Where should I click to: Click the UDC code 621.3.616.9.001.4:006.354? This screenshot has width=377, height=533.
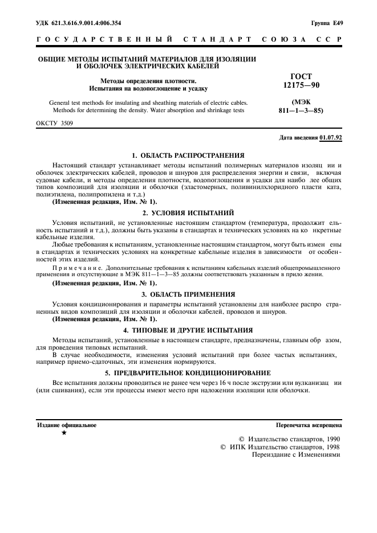(x=79, y=23)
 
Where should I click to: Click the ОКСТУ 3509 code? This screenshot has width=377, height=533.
(x=55, y=122)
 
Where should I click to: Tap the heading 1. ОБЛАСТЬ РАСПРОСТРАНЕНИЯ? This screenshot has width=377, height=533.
(x=188, y=155)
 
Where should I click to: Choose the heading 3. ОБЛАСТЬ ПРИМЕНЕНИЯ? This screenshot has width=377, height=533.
(x=188, y=294)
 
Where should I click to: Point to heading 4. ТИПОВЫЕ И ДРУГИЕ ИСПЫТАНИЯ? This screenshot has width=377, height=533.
(x=188, y=330)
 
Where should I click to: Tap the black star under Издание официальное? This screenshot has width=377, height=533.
(x=63, y=434)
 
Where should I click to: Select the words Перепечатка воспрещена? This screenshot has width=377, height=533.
(x=309, y=425)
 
